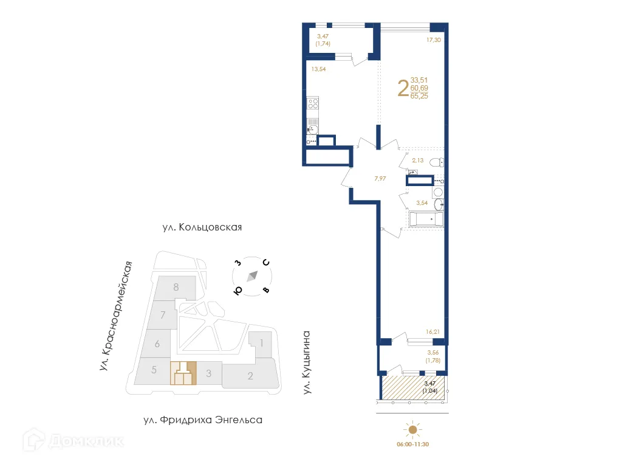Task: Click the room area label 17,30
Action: point(433,40)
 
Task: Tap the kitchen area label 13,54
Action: point(319,69)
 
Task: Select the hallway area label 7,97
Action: point(380,178)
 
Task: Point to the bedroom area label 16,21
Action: point(432,332)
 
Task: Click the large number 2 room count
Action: point(402,88)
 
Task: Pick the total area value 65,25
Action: point(419,96)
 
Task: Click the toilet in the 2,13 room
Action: point(436,162)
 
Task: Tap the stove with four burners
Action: point(313,103)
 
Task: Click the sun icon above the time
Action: point(413,431)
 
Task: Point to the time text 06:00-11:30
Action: point(414,445)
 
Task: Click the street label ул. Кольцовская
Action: point(202,227)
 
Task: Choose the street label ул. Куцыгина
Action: point(307,362)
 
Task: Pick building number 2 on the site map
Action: point(250,376)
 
